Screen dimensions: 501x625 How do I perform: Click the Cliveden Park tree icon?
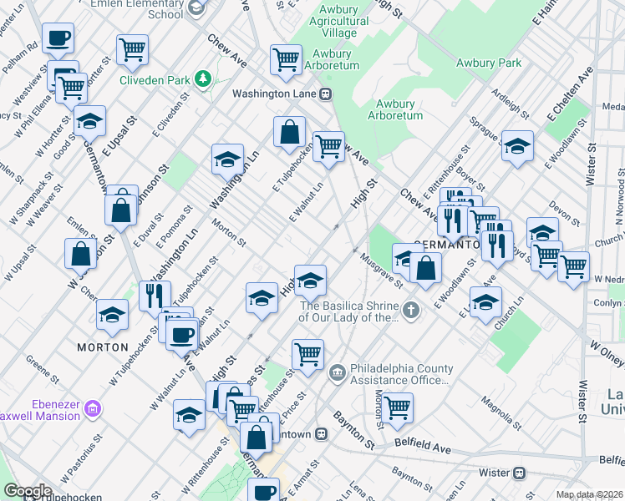tap(202, 78)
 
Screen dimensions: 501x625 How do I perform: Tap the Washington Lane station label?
tap(274, 94)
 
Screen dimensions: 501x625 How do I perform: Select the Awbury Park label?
tap(489, 63)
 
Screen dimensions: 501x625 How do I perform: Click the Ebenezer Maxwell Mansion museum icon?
tap(93, 408)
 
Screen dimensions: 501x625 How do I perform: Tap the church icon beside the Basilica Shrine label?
tap(409, 311)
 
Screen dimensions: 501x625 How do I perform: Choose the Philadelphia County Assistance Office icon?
tap(338, 370)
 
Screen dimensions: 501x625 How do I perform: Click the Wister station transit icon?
tap(520, 473)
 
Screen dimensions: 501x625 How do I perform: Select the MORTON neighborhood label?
tap(103, 347)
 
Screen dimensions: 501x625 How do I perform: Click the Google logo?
tap(27, 491)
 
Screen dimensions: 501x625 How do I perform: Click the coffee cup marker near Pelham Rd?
tap(58, 38)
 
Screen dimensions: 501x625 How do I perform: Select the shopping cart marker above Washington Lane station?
tap(286, 59)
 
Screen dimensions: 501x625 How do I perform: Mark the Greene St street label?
tap(41, 367)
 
